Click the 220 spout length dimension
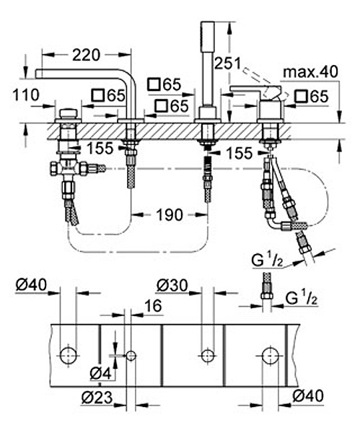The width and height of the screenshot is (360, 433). click(x=86, y=55)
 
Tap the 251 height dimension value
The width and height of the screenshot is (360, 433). click(x=228, y=64)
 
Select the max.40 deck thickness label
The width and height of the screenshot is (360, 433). click(x=311, y=72)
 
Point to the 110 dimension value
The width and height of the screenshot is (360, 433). click(x=26, y=95)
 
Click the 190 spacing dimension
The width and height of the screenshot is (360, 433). click(x=170, y=214)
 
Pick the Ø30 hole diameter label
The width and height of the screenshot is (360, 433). click(x=172, y=285)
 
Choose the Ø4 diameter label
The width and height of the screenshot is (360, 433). click(x=101, y=374)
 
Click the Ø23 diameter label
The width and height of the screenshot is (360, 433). click(x=97, y=398)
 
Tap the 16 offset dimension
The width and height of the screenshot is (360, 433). click(x=153, y=306)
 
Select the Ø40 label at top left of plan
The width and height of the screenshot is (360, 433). click(x=31, y=285)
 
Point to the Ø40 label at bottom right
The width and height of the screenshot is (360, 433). click(x=308, y=396)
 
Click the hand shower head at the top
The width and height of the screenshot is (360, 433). click(x=208, y=35)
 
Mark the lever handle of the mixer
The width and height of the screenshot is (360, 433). click(x=256, y=92)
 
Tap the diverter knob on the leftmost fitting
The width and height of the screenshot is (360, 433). click(x=69, y=114)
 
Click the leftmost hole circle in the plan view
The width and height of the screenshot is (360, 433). click(x=69, y=355)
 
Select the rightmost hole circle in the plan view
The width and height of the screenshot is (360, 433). click(x=271, y=356)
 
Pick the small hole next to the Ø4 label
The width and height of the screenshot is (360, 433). click(x=131, y=356)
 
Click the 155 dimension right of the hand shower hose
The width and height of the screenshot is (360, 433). click(x=239, y=153)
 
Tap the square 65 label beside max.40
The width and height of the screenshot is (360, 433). click(x=312, y=97)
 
